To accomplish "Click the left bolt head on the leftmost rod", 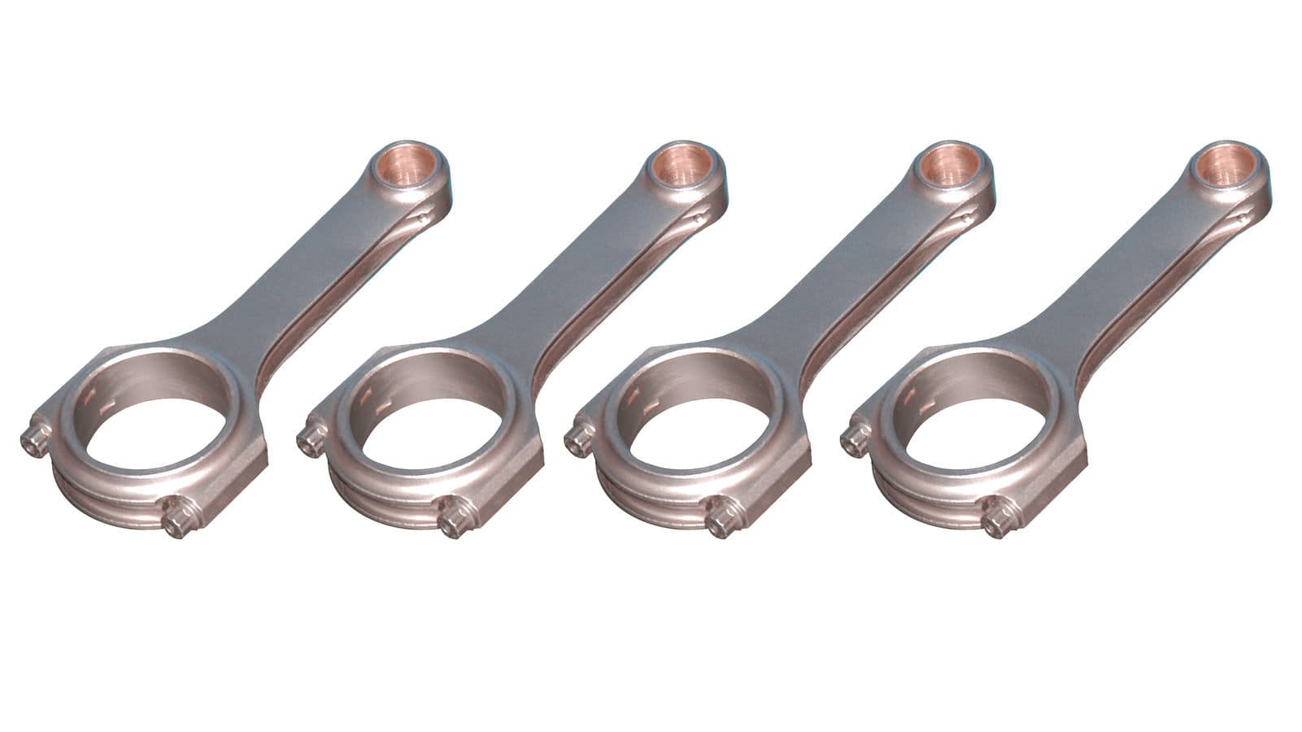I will [33, 440].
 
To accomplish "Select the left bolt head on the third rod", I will [578, 440].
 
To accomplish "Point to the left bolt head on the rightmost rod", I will [855, 440].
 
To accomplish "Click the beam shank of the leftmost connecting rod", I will [317, 268].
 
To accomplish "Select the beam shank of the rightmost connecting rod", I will [1126, 268].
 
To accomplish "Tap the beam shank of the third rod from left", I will [854, 268].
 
